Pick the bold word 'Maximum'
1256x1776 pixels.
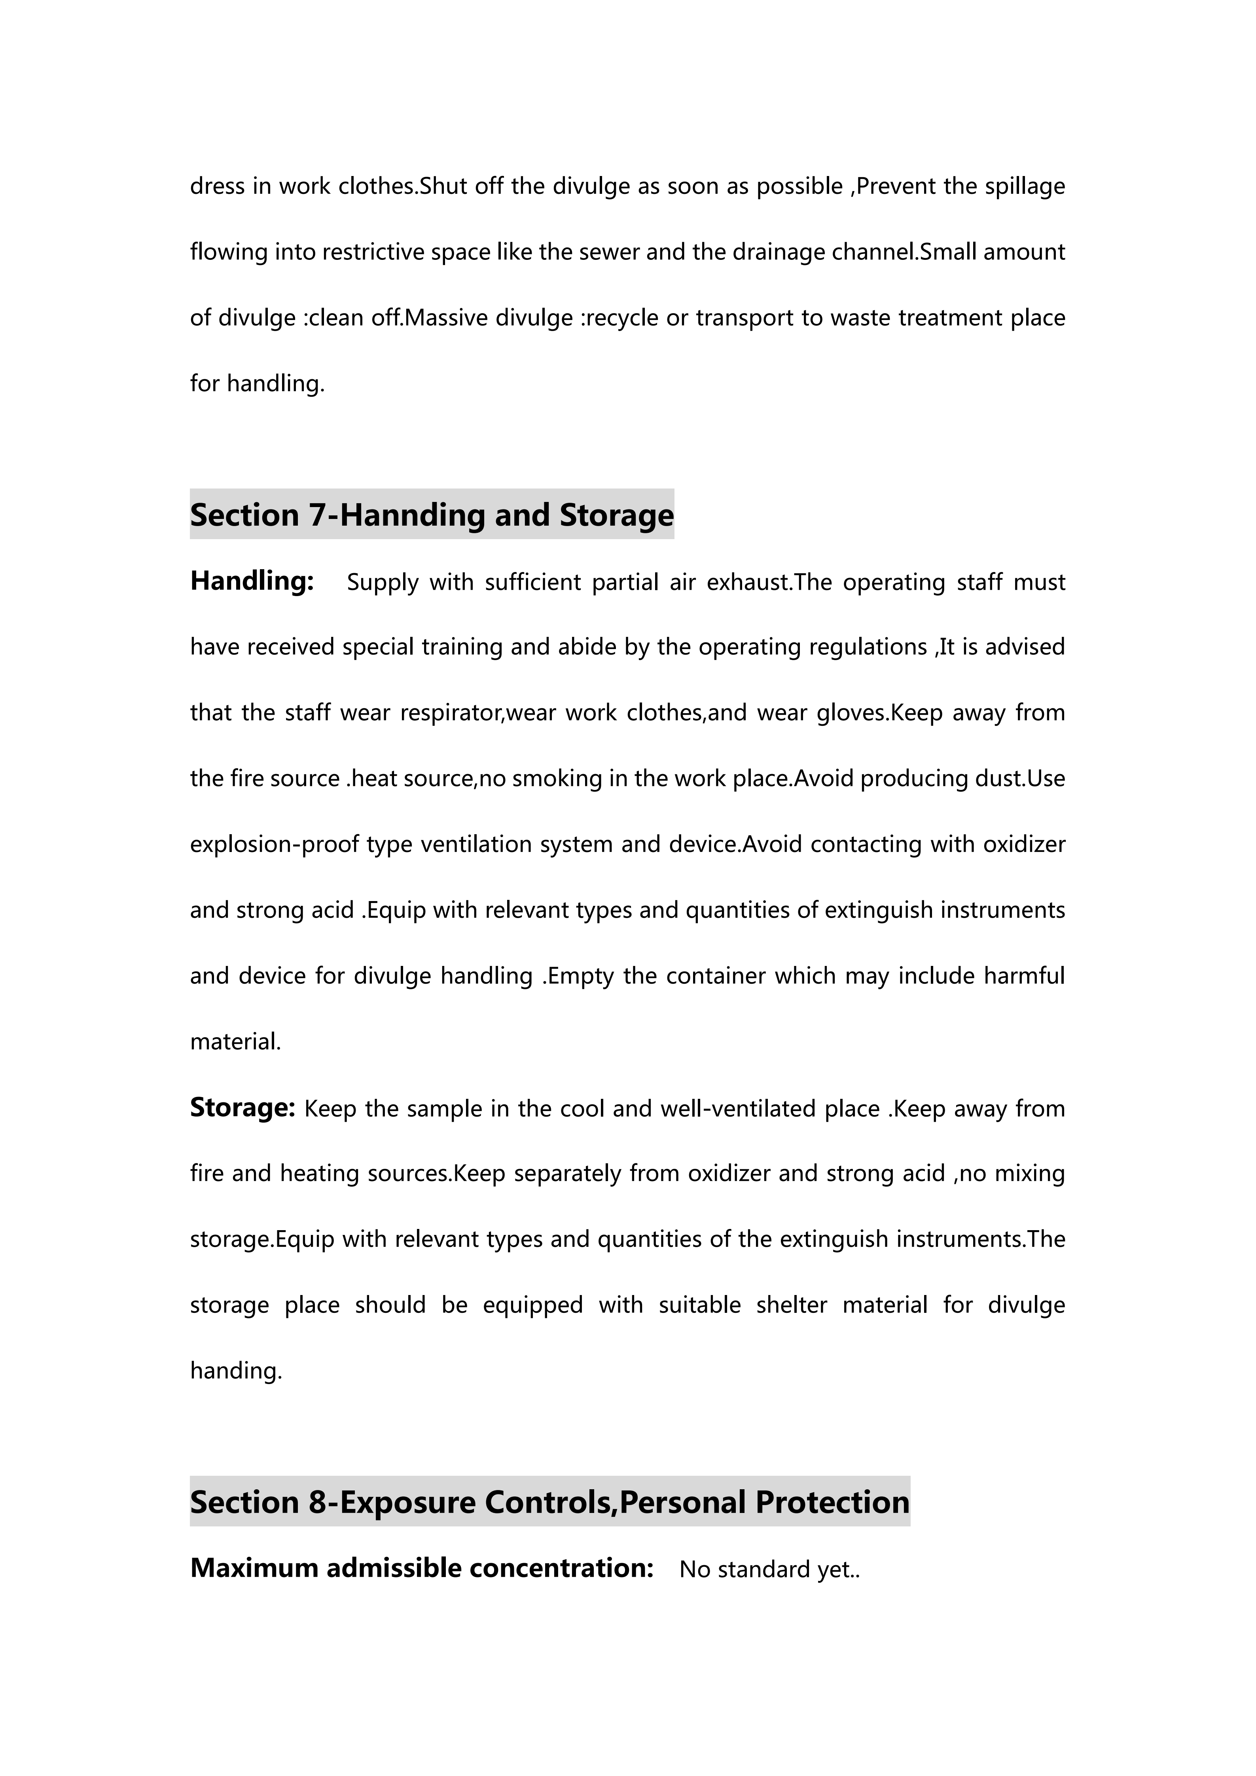click(254, 1568)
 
